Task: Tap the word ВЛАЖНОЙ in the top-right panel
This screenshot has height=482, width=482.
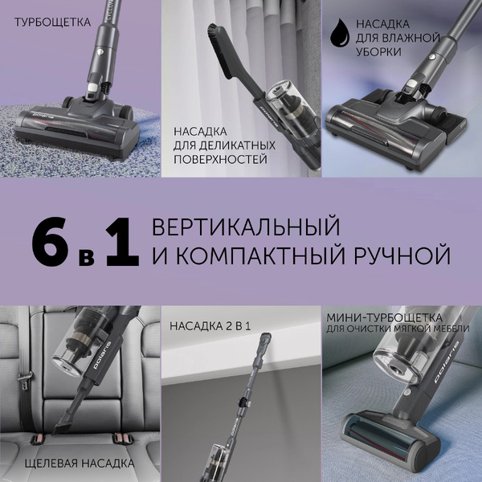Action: [x=406, y=38]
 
